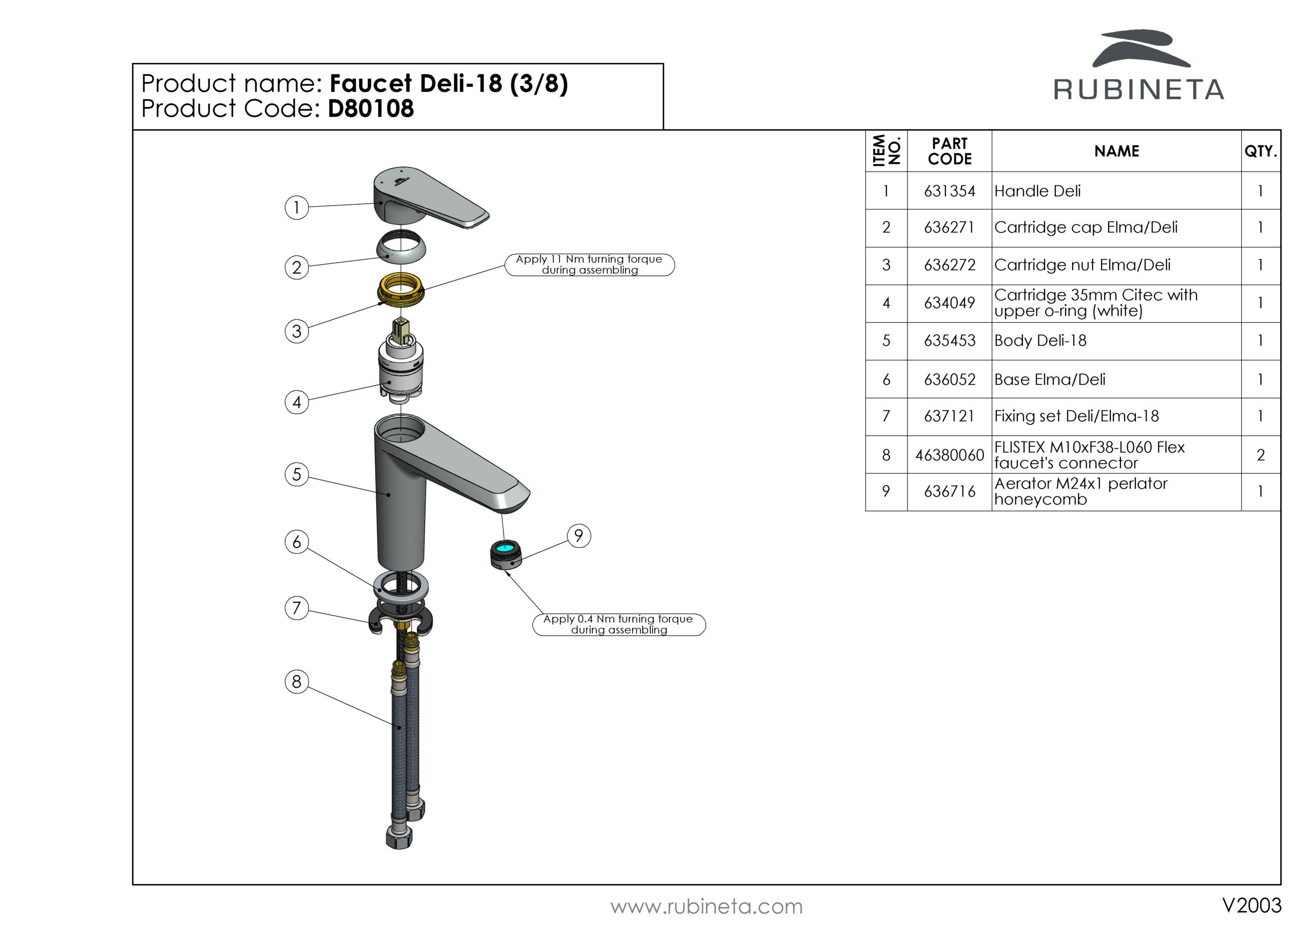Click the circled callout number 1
[x=297, y=207]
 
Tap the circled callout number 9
[x=578, y=536]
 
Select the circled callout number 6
[x=297, y=541]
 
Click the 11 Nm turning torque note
[x=589, y=264]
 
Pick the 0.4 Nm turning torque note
[x=618, y=625]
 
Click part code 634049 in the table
[x=949, y=303]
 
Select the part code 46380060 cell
[x=949, y=455]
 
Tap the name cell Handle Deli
[x=1037, y=191]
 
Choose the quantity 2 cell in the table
[x=1260, y=455]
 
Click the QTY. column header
[x=1260, y=151]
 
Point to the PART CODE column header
[x=949, y=151]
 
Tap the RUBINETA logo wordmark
[x=1138, y=90]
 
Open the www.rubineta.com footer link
[x=706, y=907]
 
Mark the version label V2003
[x=1251, y=905]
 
